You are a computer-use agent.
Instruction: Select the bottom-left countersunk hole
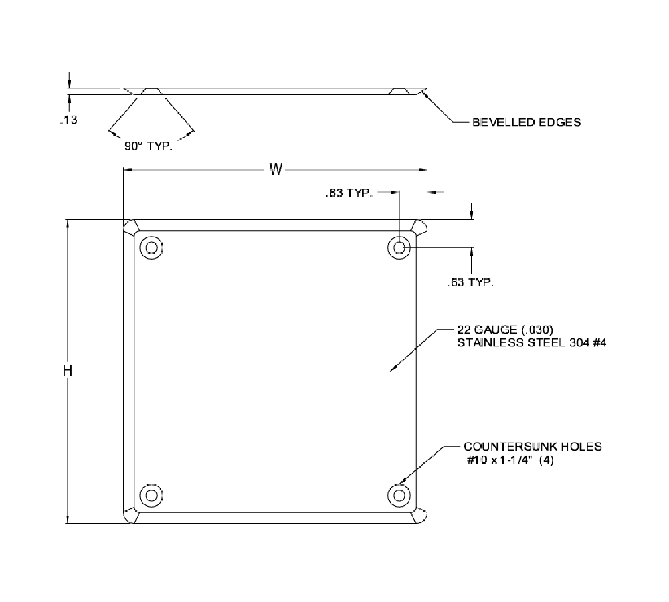pyautogui.click(x=152, y=495)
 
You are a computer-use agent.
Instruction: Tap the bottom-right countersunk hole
pyautogui.click(x=399, y=495)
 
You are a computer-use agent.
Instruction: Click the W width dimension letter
pyautogui.click(x=275, y=170)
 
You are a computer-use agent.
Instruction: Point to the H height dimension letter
pyautogui.click(x=67, y=371)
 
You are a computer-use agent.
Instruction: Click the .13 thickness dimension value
pyautogui.click(x=68, y=120)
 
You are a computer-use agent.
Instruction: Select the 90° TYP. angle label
pyautogui.click(x=148, y=146)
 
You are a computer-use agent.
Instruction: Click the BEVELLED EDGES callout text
pyautogui.click(x=527, y=122)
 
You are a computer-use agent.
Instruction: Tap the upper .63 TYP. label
pyautogui.click(x=348, y=194)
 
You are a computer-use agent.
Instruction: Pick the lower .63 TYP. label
pyautogui.click(x=470, y=282)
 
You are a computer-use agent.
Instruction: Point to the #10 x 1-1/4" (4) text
pyautogui.click(x=510, y=460)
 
